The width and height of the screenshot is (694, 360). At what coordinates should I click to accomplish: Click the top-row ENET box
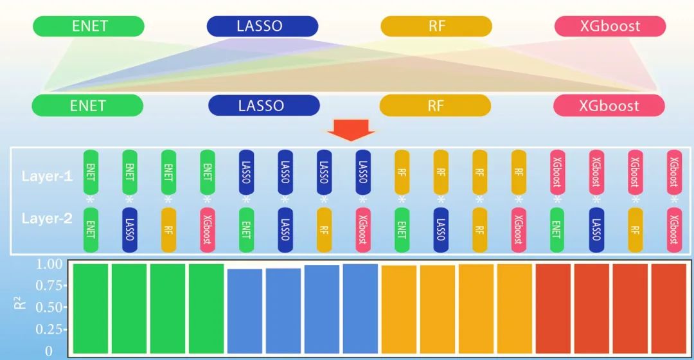tap(89, 26)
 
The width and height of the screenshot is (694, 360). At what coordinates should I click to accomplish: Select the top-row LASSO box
tap(262, 26)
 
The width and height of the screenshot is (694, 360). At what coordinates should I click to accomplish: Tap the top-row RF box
tap(436, 26)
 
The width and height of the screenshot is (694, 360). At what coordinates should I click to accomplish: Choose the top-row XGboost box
tap(610, 26)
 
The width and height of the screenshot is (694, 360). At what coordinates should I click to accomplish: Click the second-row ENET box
tap(88, 105)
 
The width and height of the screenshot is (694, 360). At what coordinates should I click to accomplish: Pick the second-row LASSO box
tap(264, 105)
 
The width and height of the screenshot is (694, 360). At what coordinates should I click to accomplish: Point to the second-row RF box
tap(436, 105)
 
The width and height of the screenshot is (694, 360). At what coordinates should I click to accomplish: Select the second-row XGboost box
tap(609, 105)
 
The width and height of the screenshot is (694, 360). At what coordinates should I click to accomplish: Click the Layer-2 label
tap(48, 219)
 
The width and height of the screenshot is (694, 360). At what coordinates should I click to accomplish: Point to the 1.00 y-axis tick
tap(49, 264)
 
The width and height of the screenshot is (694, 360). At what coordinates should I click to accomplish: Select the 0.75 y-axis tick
tap(49, 285)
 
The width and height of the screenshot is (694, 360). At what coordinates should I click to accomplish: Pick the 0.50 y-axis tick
tap(49, 307)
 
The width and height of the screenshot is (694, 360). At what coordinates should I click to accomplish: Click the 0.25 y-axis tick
tap(49, 330)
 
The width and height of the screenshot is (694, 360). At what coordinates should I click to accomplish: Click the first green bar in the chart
tap(91, 308)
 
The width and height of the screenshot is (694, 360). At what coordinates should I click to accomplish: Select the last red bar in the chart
tap(669, 308)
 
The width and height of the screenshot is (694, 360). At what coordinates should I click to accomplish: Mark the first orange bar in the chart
tap(399, 309)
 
